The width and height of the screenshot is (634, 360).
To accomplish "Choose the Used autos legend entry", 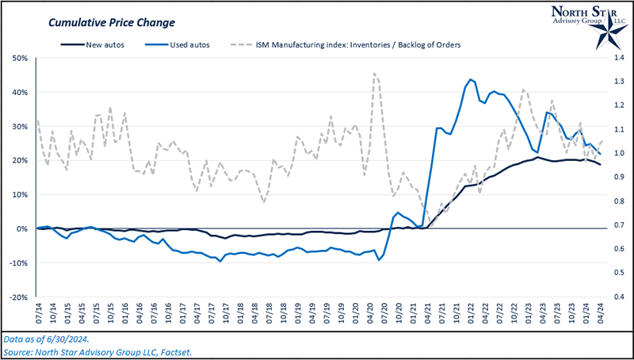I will [x=188, y=44].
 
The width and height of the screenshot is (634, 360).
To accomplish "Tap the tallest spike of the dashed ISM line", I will [x=374, y=73].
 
